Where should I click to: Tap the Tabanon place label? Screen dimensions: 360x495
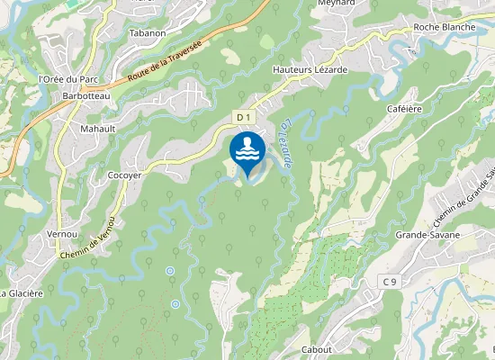click(148, 32)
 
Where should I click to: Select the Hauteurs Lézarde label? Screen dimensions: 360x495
click(310, 69)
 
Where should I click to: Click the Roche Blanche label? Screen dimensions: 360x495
click(444, 27)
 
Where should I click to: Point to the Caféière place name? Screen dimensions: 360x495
click(406, 108)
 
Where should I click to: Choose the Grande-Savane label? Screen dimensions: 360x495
click(427, 235)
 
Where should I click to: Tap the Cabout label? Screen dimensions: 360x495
click(317, 349)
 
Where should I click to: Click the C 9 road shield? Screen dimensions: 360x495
click(389, 283)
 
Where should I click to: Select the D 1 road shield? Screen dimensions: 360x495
click(243, 117)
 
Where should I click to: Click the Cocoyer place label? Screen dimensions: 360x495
click(124, 175)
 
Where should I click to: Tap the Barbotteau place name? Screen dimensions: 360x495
click(85, 95)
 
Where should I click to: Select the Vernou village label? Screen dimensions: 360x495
click(63, 234)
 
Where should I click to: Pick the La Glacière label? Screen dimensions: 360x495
click(21, 292)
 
